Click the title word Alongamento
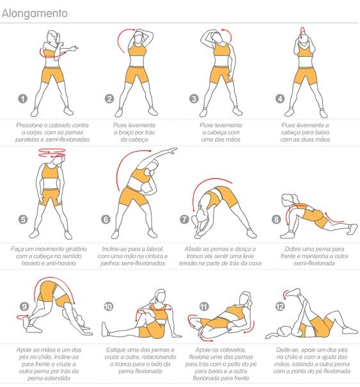coord(35,13)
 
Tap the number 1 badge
coord(23,99)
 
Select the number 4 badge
coord(280,99)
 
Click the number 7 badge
coord(184,219)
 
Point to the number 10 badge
coord(108,306)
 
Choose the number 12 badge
coord(280,306)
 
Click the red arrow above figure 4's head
coord(302,31)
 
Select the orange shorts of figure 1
coord(52,75)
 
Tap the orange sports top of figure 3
coord(222,49)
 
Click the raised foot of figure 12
coord(293,292)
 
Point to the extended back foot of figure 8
coord(352,229)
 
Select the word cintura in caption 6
coord(152,256)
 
